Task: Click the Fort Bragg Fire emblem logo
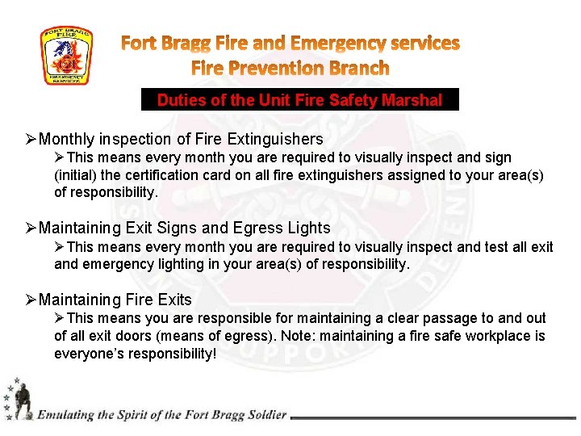click(66, 56)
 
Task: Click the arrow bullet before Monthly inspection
click(31, 140)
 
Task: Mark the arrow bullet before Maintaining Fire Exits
click(31, 300)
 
